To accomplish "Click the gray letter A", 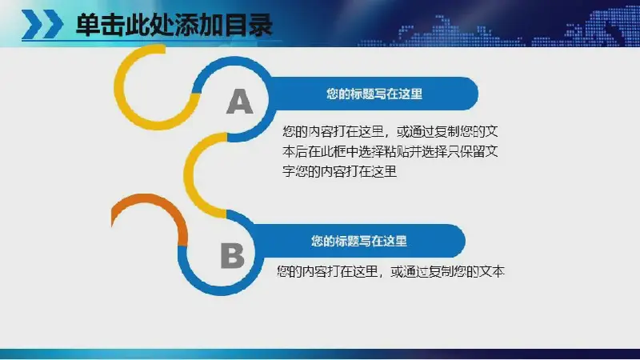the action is [239, 102].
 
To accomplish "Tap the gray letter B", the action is [232, 256].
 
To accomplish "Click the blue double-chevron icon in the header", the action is [42, 25].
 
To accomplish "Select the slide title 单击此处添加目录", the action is [174, 26].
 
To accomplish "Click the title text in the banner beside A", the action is [374, 94].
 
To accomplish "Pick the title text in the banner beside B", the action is [358, 241].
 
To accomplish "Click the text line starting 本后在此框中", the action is [390, 151].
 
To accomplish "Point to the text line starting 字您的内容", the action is [339, 171].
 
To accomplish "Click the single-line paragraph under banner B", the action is [390, 271].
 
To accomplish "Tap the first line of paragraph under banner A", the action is [390, 131].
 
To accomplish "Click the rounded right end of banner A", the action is [470, 94].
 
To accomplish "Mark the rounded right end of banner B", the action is [456, 241].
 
